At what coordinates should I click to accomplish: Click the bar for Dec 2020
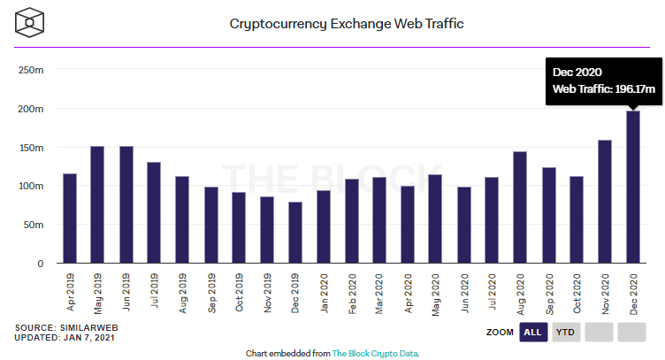pyautogui.click(x=633, y=188)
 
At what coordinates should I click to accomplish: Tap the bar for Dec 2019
pyautogui.click(x=295, y=233)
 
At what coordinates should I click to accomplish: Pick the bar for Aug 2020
pyautogui.click(x=520, y=208)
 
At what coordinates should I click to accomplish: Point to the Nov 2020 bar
pyautogui.click(x=605, y=202)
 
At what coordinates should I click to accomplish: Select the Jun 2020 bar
pyautogui.click(x=464, y=226)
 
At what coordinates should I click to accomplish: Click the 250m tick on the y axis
pyautogui.click(x=31, y=70)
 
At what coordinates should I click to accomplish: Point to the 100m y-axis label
pyautogui.click(x=31, y=186)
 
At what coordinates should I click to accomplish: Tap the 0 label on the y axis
pyautogui.click(x=40, y=264)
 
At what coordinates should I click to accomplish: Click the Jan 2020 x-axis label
pyautogui.click(x=325, y=292)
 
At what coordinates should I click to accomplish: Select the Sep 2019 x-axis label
pyautogui.click(x=212, y=292)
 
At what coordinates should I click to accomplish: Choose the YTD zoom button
pyautogui.click(x=566, y=333)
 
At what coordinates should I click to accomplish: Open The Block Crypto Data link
pyautogui.click(x=374, y=353)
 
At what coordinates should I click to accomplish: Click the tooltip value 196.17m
pyautogui.click(x=634, y=89)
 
